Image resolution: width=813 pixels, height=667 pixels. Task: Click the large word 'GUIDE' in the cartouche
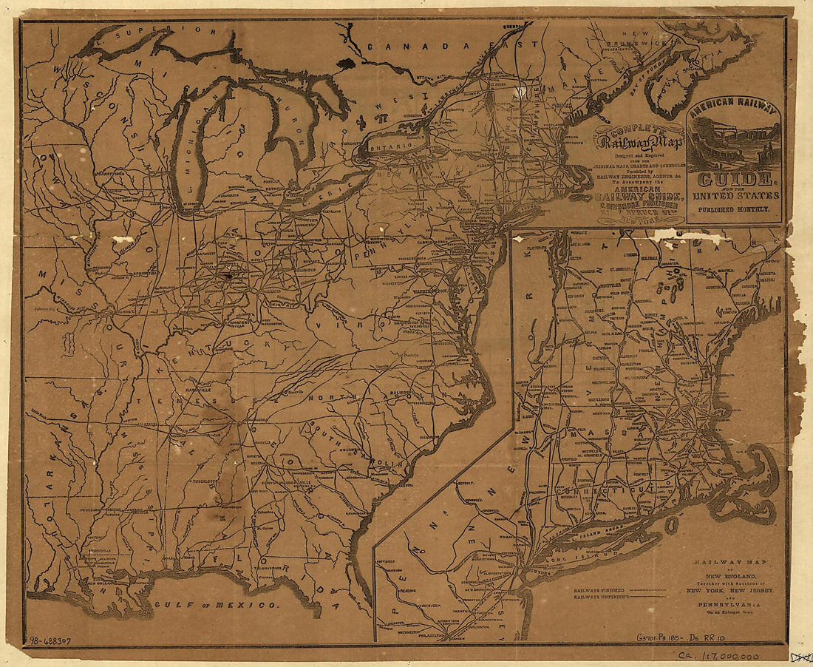coord(733,179)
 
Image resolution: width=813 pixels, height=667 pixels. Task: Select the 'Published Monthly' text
coord(733,209)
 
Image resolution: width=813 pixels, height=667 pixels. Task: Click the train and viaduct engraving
coord(733,146)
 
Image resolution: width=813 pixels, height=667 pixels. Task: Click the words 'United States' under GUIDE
coord(733,195)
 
